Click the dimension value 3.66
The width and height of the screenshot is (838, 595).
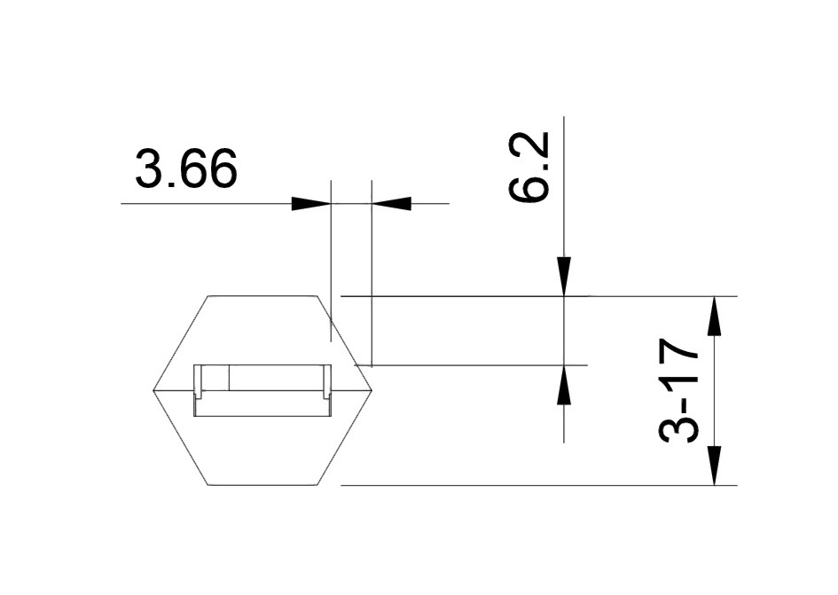(185, 168)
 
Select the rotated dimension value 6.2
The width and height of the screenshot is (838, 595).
(529, 167)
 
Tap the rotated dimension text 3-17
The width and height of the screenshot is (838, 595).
(678, 391)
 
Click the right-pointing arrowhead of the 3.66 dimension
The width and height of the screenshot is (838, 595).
(311, 204)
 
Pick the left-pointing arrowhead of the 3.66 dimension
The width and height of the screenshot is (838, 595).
(391, 204)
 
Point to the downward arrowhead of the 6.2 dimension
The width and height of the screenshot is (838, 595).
(564, 277)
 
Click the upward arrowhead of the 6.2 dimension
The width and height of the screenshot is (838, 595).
(564, 384)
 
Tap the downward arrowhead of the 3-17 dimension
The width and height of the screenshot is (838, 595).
(714, 466)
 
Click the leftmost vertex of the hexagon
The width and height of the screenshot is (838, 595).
(153, 391)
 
